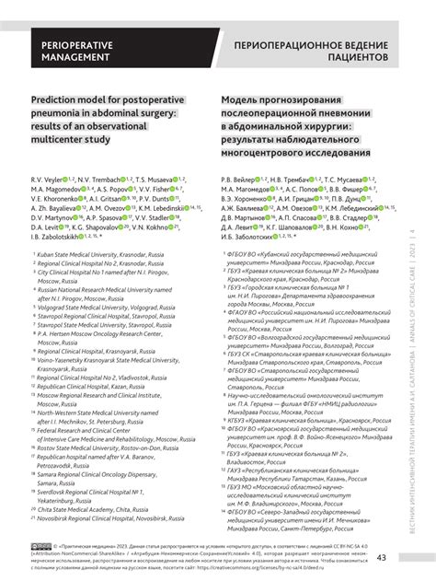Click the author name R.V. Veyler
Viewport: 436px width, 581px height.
pyautogui.click(x=50, y=177)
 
